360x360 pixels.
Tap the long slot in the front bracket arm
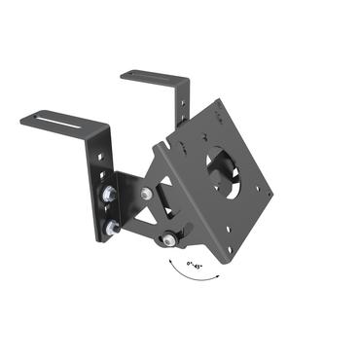60,121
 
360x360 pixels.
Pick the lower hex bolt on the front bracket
112,227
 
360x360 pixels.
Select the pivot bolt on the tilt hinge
145,194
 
